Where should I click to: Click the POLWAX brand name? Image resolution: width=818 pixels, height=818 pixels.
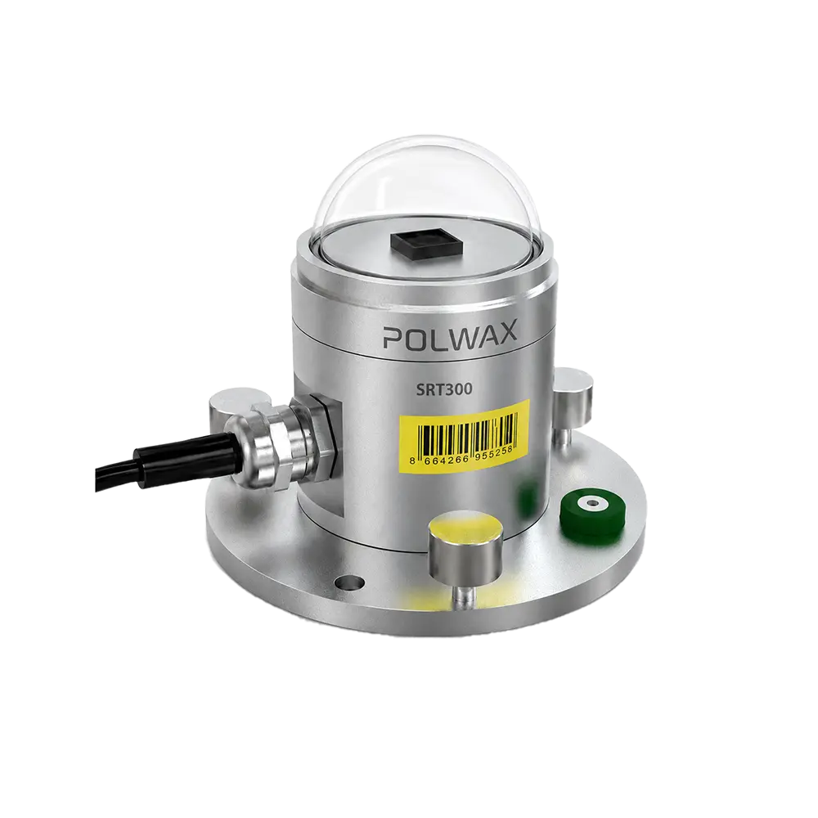(x=450, y=333)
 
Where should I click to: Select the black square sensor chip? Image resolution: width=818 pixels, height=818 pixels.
(x=426, y=243)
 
